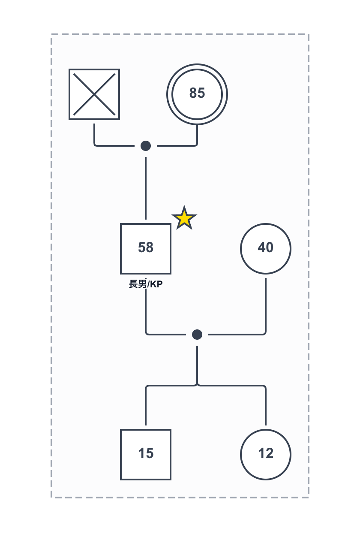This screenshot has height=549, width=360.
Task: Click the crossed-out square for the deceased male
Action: (94, 94)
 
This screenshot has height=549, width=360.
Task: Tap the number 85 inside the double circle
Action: (197, 93)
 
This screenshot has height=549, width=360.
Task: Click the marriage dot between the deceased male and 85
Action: (146, 146)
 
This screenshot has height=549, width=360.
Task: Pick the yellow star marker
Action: (184, 219)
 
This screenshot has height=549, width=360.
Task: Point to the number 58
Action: (146, 248)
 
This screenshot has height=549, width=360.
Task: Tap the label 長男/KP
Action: (146, 284)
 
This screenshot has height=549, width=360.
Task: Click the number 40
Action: (266, 248)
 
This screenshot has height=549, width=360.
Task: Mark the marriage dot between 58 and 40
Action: (197, 335)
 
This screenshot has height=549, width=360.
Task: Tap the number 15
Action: (146, 454)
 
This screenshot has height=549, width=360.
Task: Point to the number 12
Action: (266, 454)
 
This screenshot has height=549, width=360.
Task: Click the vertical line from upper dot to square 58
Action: (146, 189)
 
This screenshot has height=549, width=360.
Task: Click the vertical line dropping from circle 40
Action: (266, 305)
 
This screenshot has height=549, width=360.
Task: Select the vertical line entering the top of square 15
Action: (146, 407)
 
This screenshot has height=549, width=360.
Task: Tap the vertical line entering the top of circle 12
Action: (266, 407)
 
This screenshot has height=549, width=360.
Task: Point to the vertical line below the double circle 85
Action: (197, 134)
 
